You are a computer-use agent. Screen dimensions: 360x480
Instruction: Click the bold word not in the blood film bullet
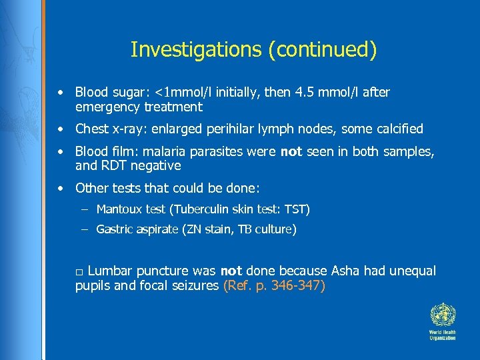[291, 151]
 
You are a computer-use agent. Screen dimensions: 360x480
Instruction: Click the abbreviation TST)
[297, 209]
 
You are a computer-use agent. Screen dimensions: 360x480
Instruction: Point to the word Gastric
[115, 229]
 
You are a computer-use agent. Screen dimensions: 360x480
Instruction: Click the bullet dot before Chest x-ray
[61, 129]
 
